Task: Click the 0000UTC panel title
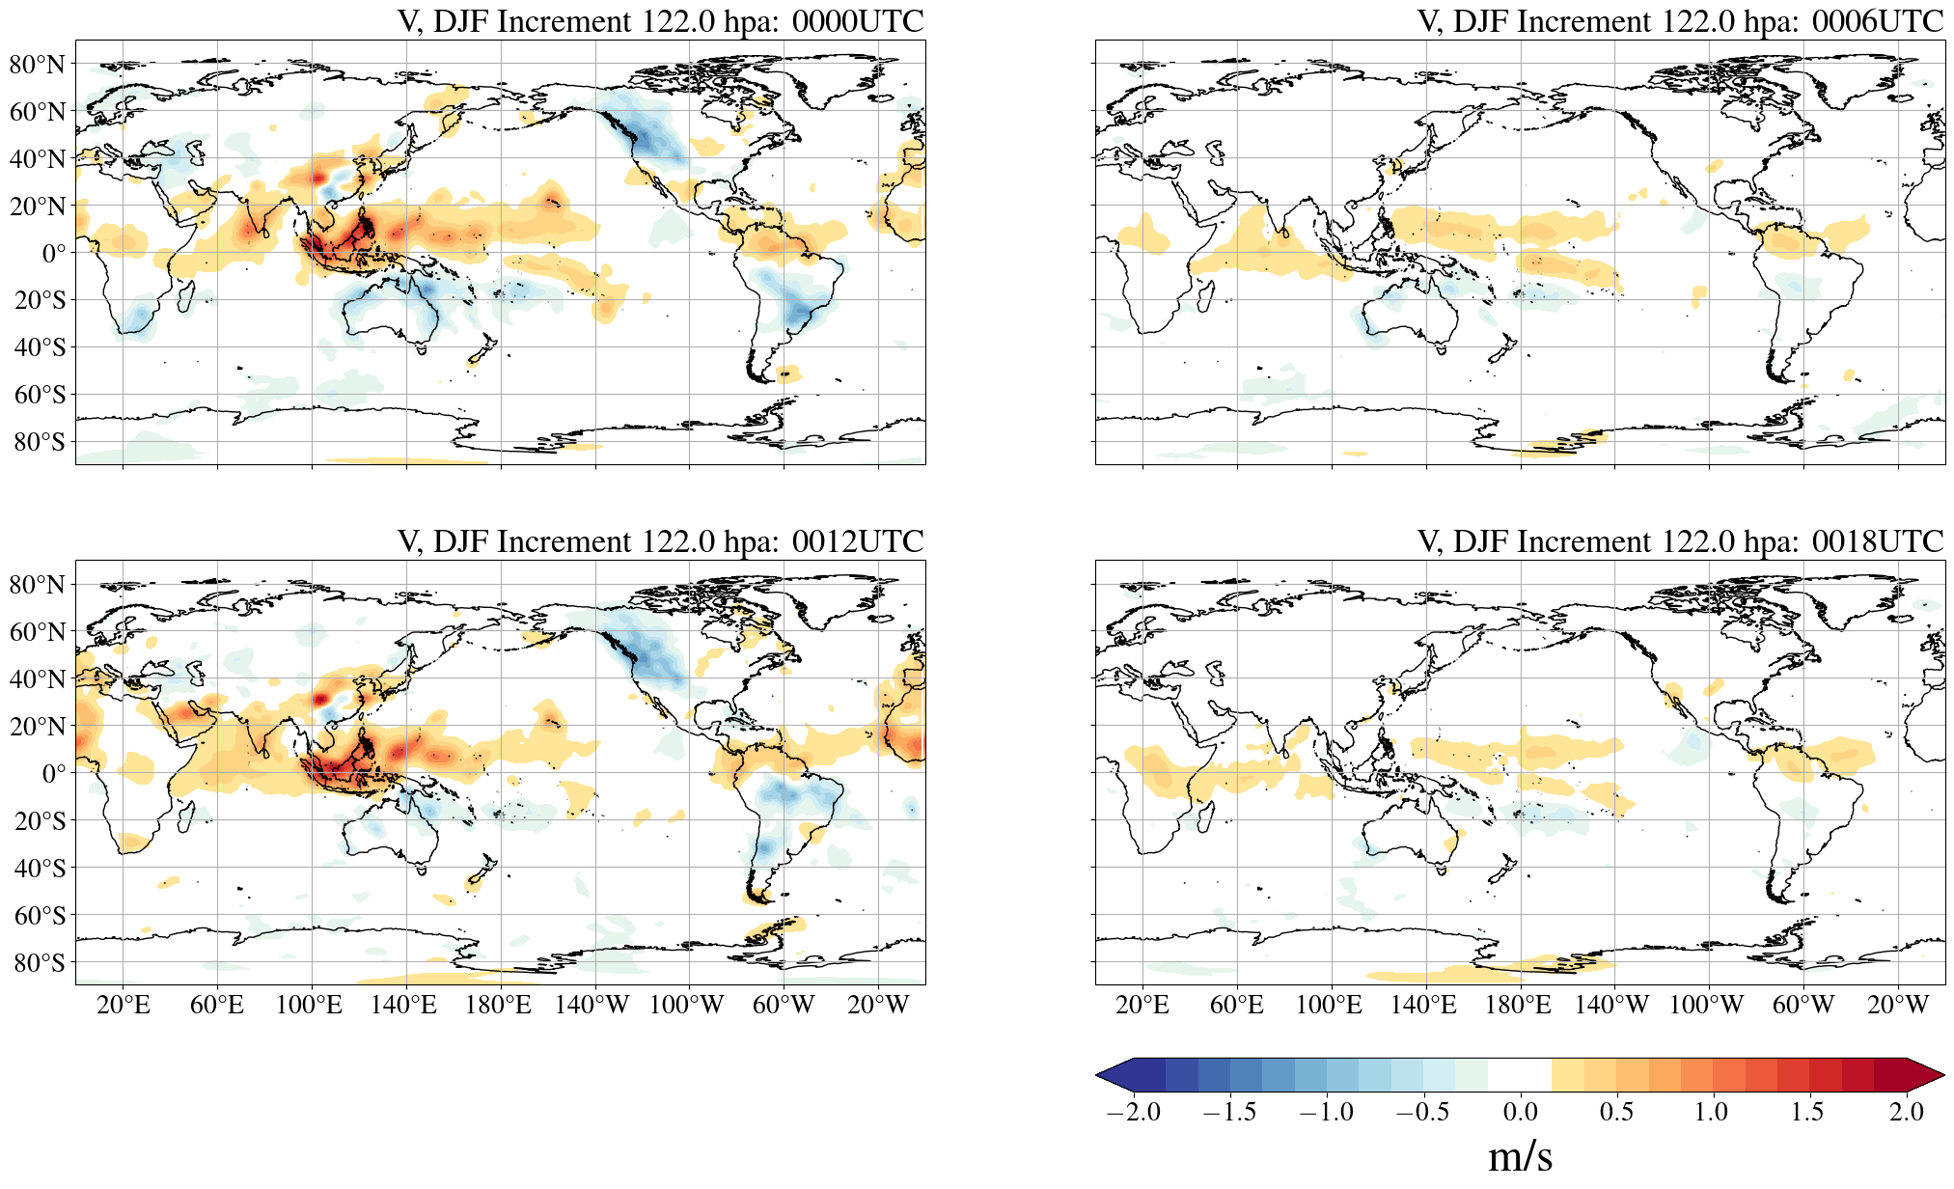click(660, 21)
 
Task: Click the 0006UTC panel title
click(1680, 21)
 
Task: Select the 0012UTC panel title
click(660, 541)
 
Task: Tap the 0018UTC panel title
click(1680, 541)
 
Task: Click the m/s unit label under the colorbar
click(1520, 1155)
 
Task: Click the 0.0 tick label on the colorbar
click(1520, 1112)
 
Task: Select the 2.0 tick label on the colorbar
click(1906, 1112)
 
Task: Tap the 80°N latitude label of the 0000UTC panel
click(38, 65)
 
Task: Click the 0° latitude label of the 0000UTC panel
click(54, 253)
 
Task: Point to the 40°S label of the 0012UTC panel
click(40, 868)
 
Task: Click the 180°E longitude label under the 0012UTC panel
click(498, 1006)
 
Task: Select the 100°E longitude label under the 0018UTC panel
click(1329, 1006)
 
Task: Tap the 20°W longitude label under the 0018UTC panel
click(1897, 1006)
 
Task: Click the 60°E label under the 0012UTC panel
click(217, 1006)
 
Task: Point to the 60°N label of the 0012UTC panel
click(38, 632)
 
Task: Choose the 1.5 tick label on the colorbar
click(1807, 1112)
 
